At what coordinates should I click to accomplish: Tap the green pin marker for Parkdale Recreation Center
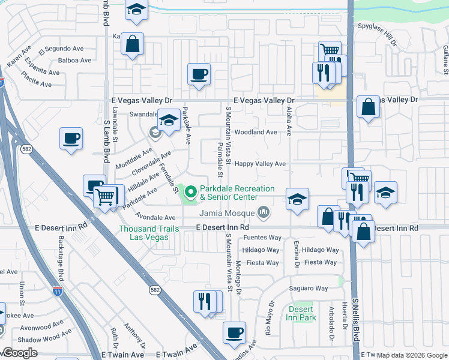(191, 192)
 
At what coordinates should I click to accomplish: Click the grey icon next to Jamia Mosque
(263, 212)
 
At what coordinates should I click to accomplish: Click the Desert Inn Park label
(301, 313)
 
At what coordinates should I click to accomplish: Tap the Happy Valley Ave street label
(259, 164)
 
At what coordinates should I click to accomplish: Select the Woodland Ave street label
(256, 132)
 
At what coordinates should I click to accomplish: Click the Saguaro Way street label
(309, 289)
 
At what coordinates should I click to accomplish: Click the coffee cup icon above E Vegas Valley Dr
(199, 74)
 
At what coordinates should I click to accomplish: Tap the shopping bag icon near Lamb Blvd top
(133, 44)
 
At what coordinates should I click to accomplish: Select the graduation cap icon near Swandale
(169, 121)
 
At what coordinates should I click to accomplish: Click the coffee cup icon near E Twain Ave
(234, 332)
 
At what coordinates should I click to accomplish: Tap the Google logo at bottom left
(19, 353)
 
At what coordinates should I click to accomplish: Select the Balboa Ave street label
(75, 60)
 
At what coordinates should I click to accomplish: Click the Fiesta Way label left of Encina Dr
(264, 263)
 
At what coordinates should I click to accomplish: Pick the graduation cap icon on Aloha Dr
(297, 199)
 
